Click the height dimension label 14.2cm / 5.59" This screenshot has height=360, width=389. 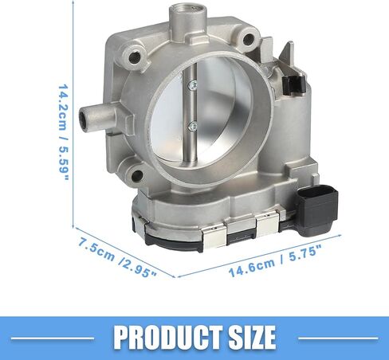[64, 132]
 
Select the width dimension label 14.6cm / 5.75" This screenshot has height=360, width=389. [275, 261]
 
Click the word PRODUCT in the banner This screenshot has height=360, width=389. [168, 338]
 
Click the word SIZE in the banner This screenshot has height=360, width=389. [252, 338]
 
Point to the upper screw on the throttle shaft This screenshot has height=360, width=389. [193, 85]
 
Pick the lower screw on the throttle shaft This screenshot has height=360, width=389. [193, 127]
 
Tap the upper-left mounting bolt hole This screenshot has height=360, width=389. [134, 57]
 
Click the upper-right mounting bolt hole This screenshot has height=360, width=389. [248, 39]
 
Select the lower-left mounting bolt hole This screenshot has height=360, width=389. [137, 175]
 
